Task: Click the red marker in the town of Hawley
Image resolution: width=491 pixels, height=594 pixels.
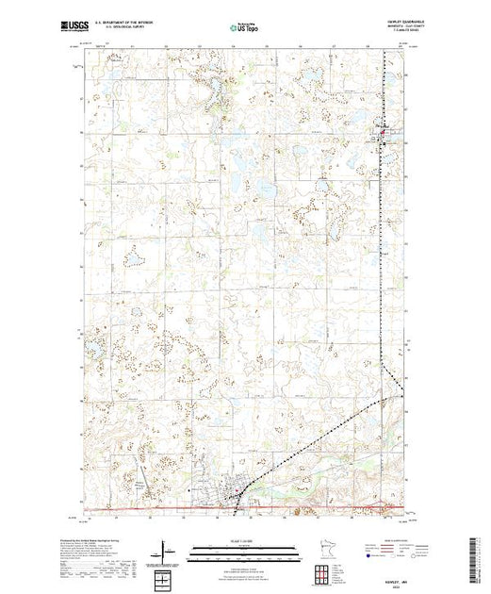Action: pyautogui.click(x=239, y=490)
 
